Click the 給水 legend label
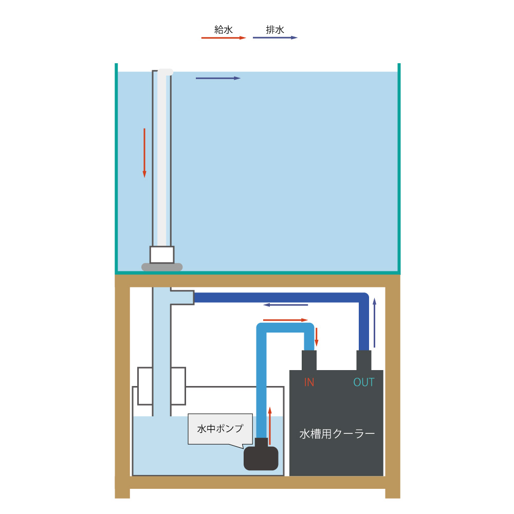tap(224, 30)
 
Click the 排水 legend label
tap(274, 30)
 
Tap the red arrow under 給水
tap(224, 38)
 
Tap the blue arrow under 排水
tap(275, 38)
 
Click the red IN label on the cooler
tap(309, 382)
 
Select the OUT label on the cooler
tap(363, 382)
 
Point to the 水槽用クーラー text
tap(337, 434)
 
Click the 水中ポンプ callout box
tap(221, 429)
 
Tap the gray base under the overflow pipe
tap(162, 267)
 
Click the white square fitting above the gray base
tap(162, 255)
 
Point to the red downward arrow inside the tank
tap(144, 153)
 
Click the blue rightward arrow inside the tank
tap(218, 78)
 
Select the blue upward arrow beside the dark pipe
tap(374, 323)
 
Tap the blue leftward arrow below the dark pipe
tap(285, 305)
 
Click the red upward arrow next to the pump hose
tap(270, 426)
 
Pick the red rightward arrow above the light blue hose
tap(285, 320)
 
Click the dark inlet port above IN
tap(309, 361)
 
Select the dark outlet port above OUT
tap(364, 361)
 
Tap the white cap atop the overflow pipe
tap(165, 72)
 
